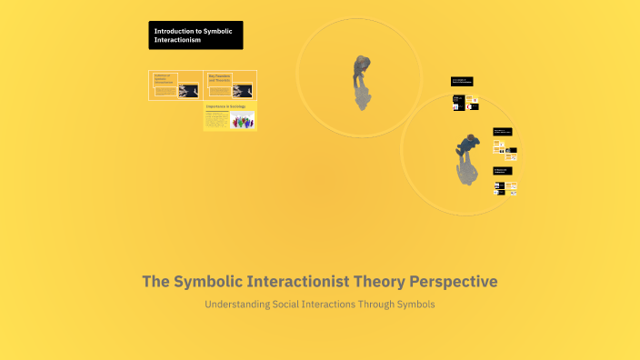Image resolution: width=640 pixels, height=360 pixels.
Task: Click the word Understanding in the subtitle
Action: coord(236,304)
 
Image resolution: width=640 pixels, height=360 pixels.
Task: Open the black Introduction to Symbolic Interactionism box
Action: coord(196,35)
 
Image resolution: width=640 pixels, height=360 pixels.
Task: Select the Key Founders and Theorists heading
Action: coord(221,78)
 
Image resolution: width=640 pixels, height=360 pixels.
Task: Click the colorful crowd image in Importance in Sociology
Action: coord(242,120)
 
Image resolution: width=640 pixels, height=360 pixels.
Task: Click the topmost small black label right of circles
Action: coord(461,81)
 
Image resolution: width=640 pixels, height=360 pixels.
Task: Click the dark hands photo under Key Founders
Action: coord(243,91)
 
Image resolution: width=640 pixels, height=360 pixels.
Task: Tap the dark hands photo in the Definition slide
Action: coord(190,91)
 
